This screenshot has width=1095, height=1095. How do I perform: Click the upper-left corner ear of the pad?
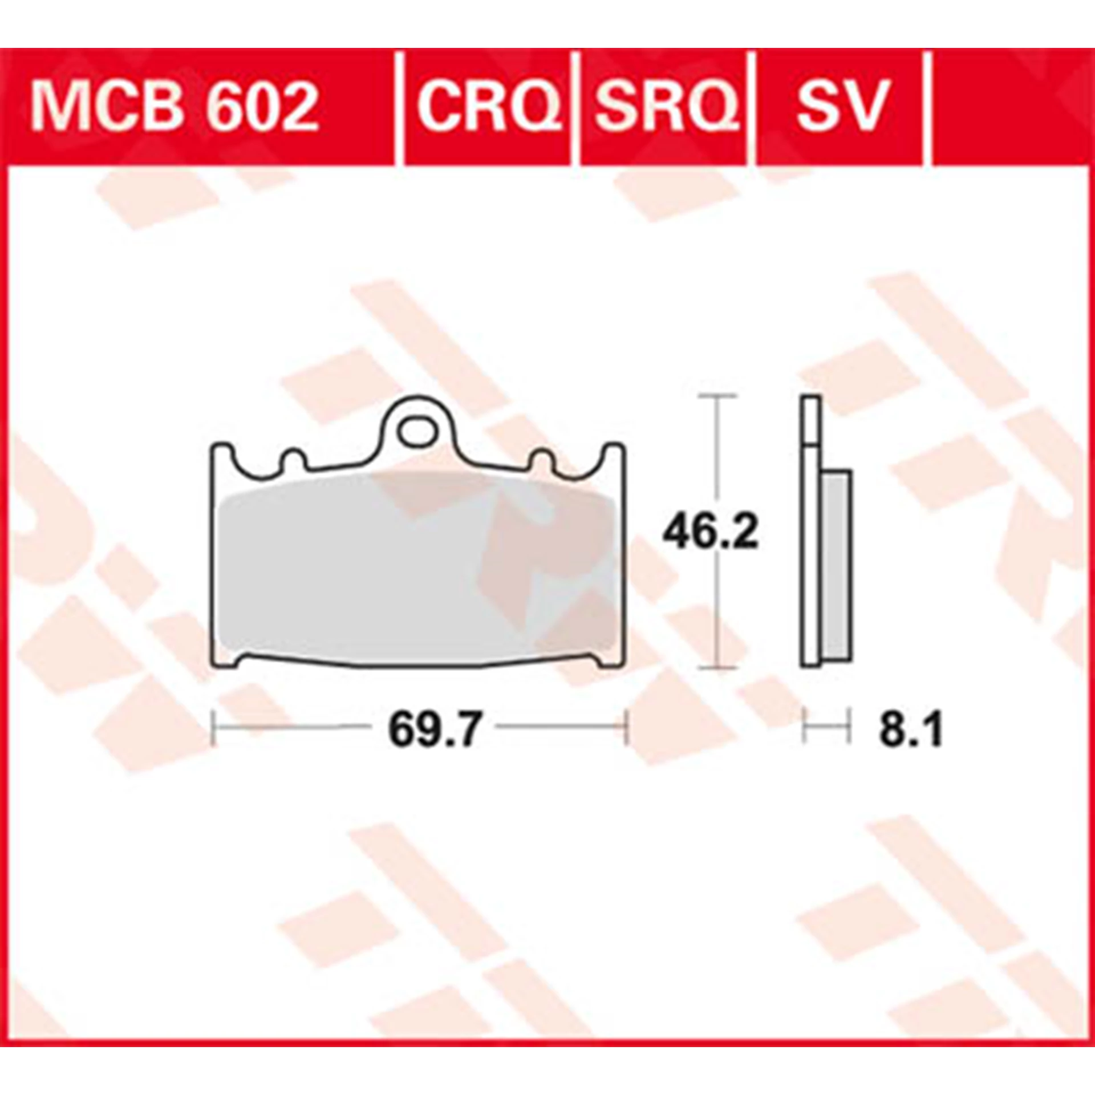(x=221, y=456)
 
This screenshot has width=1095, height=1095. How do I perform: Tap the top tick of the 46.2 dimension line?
(x=717, y=395)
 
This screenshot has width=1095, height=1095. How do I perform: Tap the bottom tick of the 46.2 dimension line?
(x=717, y=666)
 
